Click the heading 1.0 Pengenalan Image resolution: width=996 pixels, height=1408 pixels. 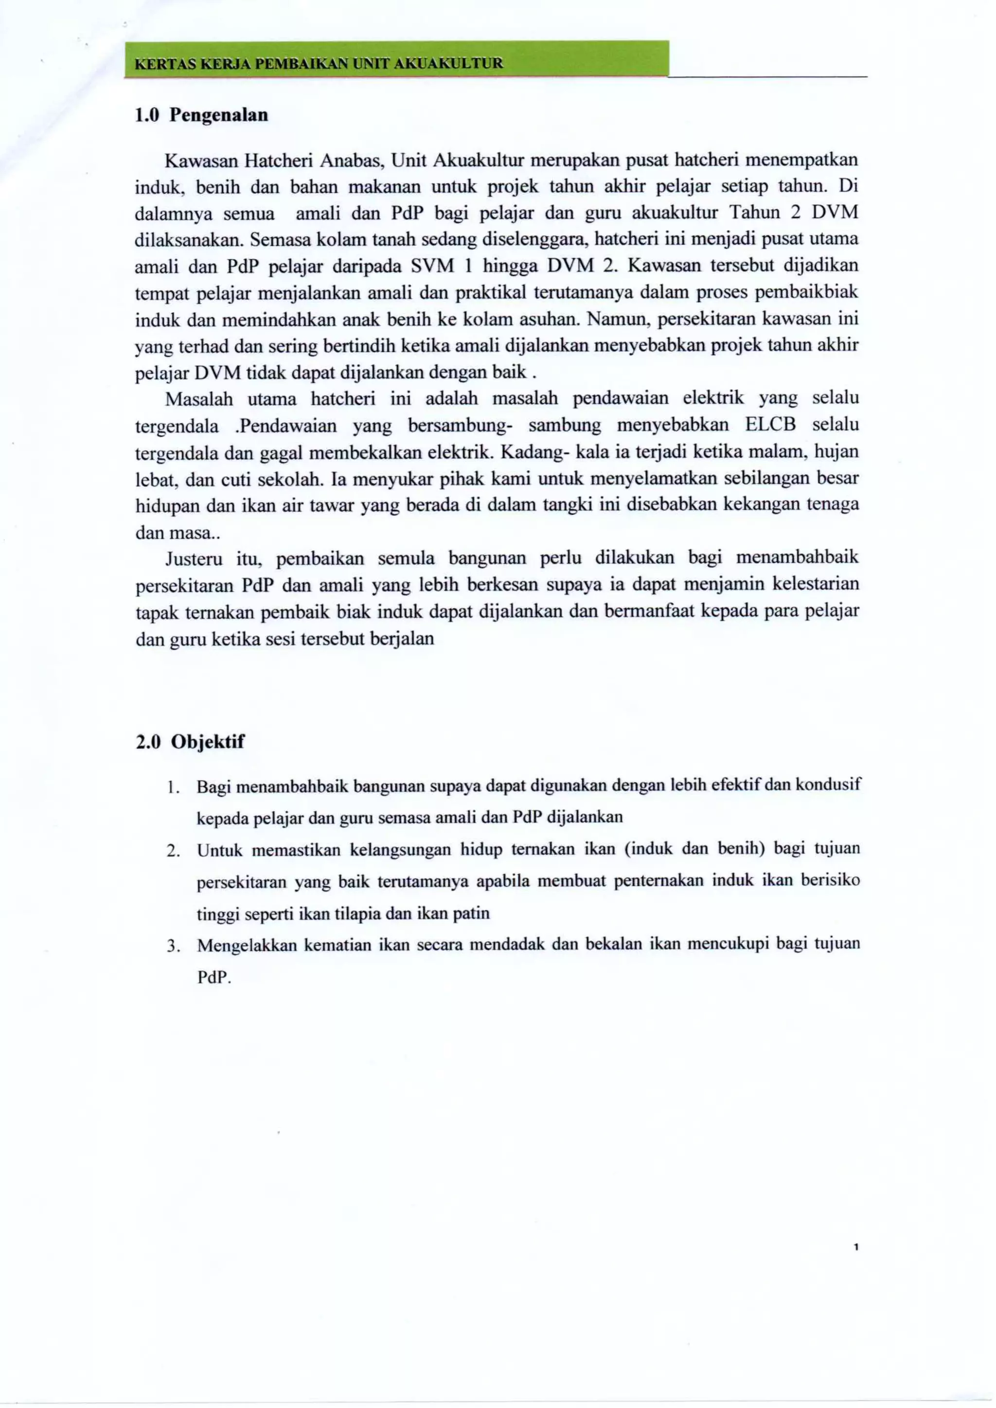click(201, 115)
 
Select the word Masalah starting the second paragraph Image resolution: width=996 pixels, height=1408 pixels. click(199, 399)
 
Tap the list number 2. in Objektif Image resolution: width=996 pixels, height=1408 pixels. click(172, 851)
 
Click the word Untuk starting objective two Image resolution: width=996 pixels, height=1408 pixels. click(219, 850)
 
